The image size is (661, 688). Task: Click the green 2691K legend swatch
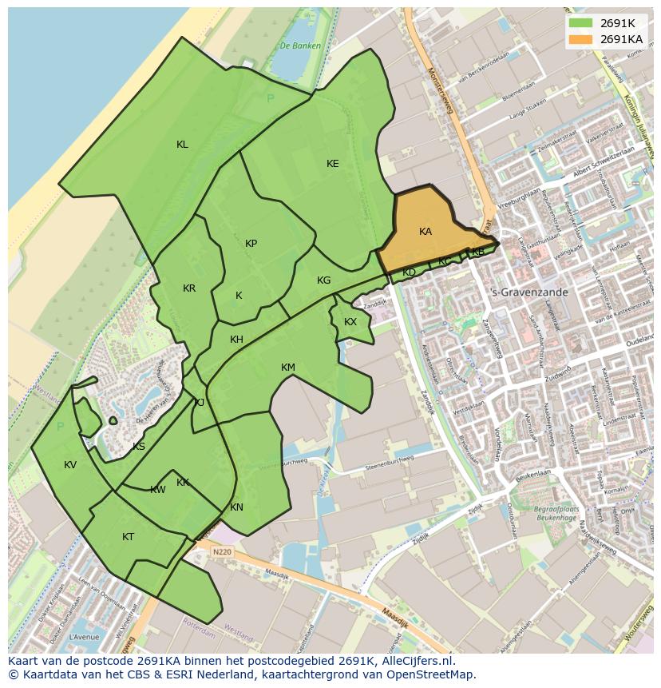[x=580, y=23]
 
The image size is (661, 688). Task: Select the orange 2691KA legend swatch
[x=580, y=39]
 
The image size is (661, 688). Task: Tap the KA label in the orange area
[x=425, y=232]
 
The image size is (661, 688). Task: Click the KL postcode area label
[x=182, y=145]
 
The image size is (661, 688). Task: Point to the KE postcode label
[x=333, y=164]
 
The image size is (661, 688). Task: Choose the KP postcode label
[x=251, y=244]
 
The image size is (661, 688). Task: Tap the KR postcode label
[x=189, y=288]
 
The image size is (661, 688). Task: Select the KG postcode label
[x=323, y=280]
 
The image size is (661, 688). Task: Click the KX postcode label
[x=350, y=322]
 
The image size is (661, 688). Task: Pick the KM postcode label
[x=288, y=368]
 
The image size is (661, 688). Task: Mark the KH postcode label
[x=236, y=340]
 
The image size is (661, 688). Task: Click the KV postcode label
[x=70, y=465]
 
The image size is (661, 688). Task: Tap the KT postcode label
[x=128, y=537]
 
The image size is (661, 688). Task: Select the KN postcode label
[x=236, y=507]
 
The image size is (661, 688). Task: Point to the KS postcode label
[x=139, y=447]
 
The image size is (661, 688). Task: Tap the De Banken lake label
[x=301, y=46]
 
